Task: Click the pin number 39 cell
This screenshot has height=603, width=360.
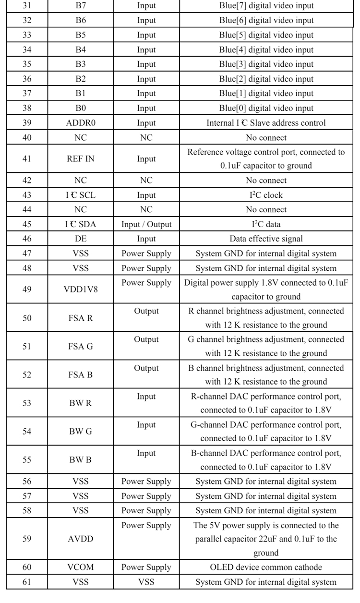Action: coord(27,123)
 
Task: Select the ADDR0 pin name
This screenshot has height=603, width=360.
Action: coord(81,123)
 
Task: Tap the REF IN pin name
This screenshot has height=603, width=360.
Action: coord(81,159)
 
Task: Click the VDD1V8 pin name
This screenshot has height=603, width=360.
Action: coord(81,289)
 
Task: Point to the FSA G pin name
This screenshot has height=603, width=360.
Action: coord(81,346)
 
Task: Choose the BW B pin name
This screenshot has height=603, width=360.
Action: coord(81,459)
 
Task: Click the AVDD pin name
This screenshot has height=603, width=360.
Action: coord(81,539)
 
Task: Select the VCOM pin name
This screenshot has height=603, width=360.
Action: coord(81,567)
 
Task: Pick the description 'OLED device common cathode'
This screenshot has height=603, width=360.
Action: coord(265,567)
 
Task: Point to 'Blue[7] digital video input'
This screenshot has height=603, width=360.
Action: coord(265,6)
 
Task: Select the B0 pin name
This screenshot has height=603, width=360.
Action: coord(81,109)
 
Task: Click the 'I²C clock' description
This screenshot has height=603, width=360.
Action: coord(265,195)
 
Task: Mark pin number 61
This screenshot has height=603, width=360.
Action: coord(27,582)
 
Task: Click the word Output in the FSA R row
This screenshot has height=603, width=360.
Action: coord(146,311)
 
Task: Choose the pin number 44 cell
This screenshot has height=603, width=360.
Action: coord(27,210)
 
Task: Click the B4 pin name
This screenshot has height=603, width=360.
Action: coord(81,50)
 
